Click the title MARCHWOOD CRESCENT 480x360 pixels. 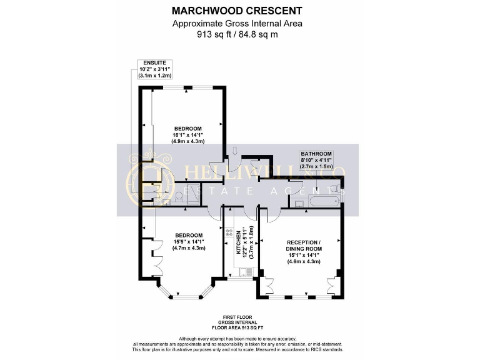237,11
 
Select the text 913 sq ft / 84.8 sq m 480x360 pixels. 237,34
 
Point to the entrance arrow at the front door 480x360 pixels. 234,151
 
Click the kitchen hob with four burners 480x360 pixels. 229,232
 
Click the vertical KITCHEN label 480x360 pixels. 238,244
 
